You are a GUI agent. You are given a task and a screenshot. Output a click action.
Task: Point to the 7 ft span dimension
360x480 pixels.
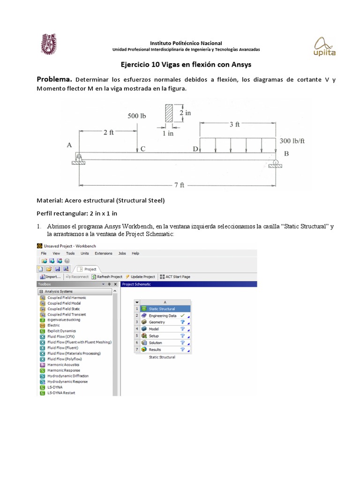click(x=179, y=185)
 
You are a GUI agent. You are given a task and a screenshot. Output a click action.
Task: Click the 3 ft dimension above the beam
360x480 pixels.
click(x=234, y=124)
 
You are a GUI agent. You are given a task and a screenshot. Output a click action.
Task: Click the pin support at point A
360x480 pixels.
click(x=79, y=158)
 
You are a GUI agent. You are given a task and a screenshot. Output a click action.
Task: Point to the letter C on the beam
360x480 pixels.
click(x=143, y=149)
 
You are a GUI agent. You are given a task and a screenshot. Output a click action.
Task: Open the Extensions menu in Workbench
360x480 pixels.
click(x=104, y=253)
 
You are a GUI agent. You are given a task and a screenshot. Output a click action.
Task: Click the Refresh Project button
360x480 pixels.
click(x=107, y=277)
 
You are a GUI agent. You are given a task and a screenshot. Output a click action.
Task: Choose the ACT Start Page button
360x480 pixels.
click(x=175, y=277)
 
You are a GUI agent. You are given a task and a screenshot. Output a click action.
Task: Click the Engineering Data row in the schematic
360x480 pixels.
click(x=162, y=315)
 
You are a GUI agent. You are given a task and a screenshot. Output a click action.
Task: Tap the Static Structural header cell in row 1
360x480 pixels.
click(x=162, y=309)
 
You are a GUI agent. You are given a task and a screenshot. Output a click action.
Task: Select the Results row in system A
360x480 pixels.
click(x=155, y=349)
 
